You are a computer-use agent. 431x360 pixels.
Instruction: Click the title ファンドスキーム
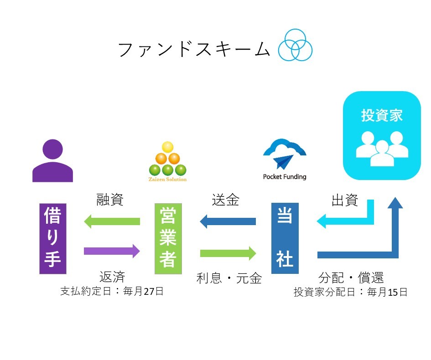[x=194, y=49]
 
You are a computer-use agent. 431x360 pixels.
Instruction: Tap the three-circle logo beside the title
[x=296, y=45]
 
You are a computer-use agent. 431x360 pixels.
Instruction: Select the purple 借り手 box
[x=52, y=238]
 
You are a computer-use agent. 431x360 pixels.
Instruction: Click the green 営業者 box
[x=168, y=238]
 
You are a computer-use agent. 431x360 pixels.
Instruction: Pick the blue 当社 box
[x=285, y=238]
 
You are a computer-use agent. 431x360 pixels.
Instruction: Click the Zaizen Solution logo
[x=168, y=162]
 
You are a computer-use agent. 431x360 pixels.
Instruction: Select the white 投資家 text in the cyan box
[x=382, y=115]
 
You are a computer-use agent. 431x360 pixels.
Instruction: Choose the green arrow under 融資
[x=112, y=222]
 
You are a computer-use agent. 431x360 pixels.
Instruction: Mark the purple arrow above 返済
[x=112, y=251]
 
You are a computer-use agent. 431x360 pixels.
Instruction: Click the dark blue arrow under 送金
[x=228, y=222]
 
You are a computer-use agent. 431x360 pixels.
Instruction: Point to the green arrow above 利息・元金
[x=228, y=253]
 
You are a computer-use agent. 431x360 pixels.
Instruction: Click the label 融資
[x=110, y=200]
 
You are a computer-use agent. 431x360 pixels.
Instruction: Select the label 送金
[x=225, y=200]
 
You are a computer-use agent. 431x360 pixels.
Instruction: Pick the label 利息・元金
[x=229, y=278]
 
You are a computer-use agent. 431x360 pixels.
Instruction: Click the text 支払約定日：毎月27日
[x=112, y=291]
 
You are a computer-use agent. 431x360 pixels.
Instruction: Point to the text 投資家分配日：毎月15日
[x=350, y=292]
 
